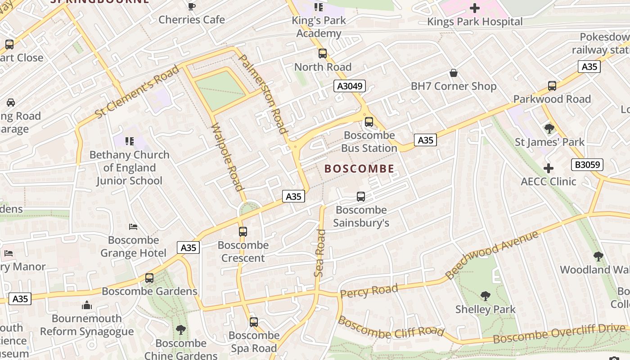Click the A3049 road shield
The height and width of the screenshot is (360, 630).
[x=349, y=86]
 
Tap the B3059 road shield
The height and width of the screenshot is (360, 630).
[x=587, y=165]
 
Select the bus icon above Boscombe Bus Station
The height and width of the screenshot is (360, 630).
[x=369, y=121]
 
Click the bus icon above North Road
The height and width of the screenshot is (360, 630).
[x=323, y=54]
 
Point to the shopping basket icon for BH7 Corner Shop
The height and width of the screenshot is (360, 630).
[x=454, y=73]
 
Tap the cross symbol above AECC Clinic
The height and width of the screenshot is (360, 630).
[x=548, y=169]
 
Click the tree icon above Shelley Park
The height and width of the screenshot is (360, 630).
[x=485, y=296]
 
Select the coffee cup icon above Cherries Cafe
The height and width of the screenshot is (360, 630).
[x=192, y=6]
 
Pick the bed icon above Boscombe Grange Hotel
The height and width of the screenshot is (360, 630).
[x=133, y=226]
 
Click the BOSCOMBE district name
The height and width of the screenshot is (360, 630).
[x=359, y=169]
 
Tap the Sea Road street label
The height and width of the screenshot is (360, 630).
[x=320, y=253]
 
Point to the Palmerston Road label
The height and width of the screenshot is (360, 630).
[x=263, y=94]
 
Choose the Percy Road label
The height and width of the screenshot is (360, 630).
[x=369, y=291]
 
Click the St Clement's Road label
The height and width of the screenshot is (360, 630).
[x=137, y=92]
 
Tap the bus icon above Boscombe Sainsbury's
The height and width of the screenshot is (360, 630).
[x=361, y=197]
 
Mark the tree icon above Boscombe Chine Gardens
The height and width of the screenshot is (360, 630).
[x=181, y=330]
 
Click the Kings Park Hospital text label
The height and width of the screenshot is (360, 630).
[x=475, y=22]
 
